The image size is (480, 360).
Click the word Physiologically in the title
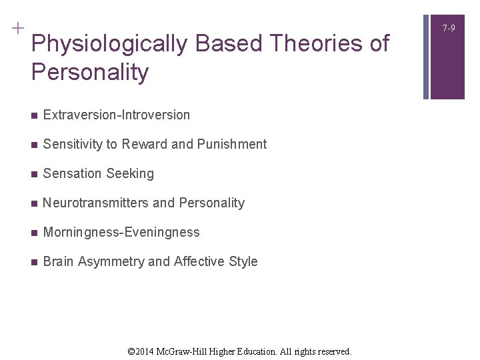111,44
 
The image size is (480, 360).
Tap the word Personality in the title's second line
90,72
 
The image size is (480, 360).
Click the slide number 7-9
448,29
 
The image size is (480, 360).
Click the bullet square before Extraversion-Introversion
34,115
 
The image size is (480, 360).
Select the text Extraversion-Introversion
116,115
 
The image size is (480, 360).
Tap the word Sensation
70,173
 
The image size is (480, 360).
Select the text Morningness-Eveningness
121,232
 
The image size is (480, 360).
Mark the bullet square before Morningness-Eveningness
34,233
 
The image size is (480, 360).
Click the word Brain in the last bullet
58,261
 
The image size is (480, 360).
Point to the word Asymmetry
111,261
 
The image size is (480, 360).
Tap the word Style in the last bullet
243,261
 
